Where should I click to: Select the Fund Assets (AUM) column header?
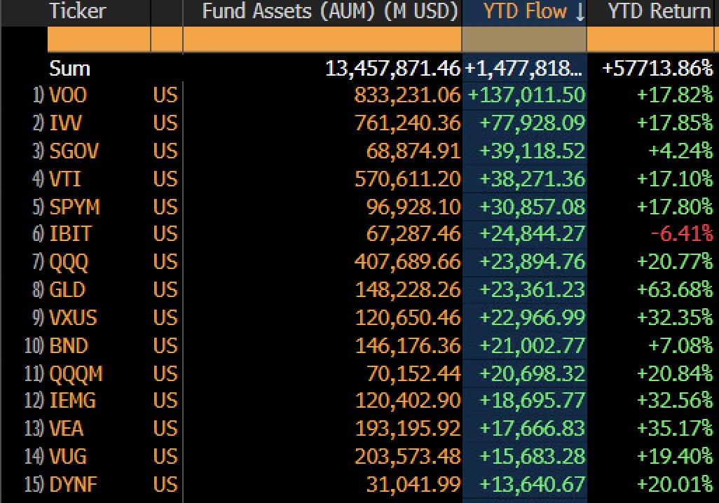[329, 11]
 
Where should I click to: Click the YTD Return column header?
[659, 11]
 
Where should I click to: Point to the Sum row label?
[69, 69]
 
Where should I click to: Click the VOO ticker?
[68, 95]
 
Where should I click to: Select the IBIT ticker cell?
[70, 235]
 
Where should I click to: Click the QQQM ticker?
[76, 373]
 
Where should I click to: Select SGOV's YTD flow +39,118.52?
[530, 151]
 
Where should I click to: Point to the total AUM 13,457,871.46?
[392, 69]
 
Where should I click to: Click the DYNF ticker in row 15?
[74, 485]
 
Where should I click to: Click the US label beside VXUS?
[165, 318]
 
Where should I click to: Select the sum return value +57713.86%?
[657, 69]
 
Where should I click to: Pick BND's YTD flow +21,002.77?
[530, 345]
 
